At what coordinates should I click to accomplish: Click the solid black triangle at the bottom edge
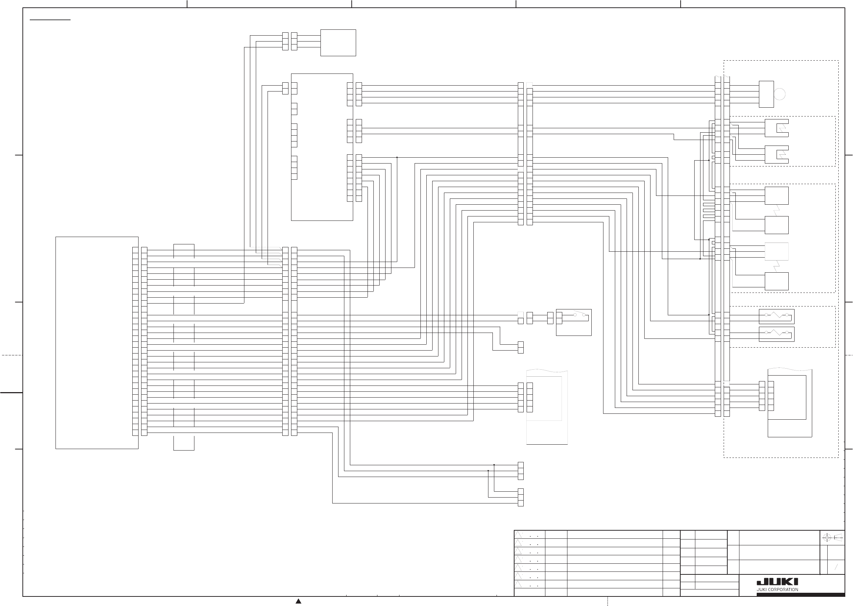point(298,601)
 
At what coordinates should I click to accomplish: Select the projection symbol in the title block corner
point(832,537)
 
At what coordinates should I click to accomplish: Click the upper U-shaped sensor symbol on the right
point(776,128)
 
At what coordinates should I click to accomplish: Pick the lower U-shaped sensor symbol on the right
point(776,154)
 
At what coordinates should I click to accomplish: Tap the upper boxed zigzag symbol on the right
point(777,316)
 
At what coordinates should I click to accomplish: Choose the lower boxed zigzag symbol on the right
point(777,334)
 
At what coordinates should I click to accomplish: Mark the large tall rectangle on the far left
point(97,343)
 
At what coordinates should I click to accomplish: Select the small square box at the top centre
point(338,43)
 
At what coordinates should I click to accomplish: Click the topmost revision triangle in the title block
point(518,534)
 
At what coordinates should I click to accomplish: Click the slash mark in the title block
point(836,567)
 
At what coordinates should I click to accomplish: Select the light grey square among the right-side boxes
point(777,251)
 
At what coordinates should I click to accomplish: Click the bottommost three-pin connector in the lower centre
point(521,498)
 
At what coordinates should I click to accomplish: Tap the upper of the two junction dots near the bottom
point(494,465)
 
